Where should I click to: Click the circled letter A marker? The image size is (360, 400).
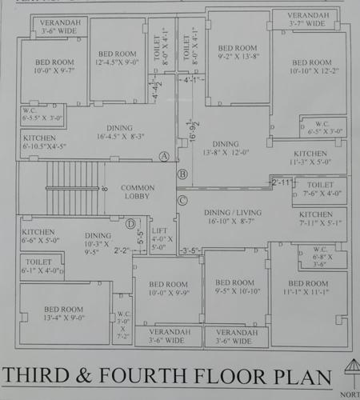[x=165, y=156]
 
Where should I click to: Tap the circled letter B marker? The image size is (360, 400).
[x=182, y=174]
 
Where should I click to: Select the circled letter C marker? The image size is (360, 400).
[x=182, y=200]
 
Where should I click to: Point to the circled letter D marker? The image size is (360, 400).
[x=130, y=223]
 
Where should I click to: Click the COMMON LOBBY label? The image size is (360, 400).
[x=138, y=193]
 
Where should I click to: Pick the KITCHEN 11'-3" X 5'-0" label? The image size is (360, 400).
[x=310, y=158]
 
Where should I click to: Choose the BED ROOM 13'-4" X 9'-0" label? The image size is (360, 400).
[x=64, y=313]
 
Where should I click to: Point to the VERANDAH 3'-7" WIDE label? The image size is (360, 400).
[x=306, y=20]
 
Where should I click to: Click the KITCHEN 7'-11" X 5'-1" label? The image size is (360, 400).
[x=316, y=219]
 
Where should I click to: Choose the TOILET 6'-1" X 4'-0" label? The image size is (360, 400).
[x=40, y=266]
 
